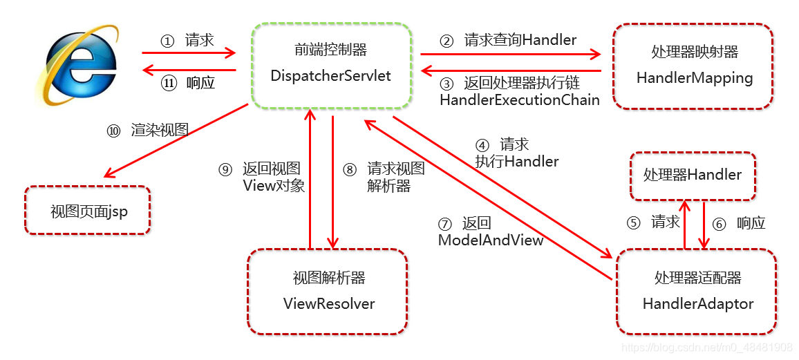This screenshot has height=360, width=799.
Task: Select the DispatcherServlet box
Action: coord(330,65)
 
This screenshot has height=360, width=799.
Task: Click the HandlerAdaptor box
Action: coord(697,291)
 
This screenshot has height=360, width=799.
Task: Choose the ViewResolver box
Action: coord(328,291)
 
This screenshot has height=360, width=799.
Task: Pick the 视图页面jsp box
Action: coord(88,210)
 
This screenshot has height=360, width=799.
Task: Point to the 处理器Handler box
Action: coord(692,176)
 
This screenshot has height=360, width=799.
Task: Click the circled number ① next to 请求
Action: coord(167,41)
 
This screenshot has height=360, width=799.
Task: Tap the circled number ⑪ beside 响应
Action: coord(169,84)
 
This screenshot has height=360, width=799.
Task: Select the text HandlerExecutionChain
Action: coord(519,100)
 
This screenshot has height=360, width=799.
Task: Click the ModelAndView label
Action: coord(490,240)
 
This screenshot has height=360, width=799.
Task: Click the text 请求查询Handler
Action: coord(520,40)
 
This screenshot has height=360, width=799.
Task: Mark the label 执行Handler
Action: coord(516,162)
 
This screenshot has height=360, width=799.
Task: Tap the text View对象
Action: coord(274,185)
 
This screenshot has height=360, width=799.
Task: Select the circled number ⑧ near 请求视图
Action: coord(350,169)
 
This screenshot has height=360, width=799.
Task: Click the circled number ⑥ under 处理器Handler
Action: coord(720,223)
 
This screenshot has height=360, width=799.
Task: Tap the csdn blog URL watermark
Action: coord(706,348)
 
